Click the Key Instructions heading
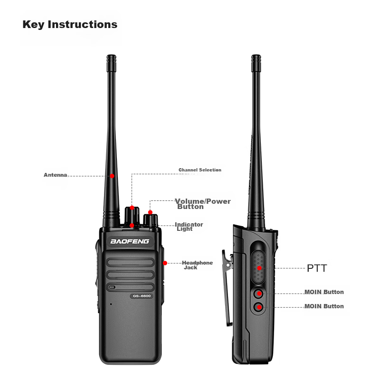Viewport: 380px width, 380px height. click(70, 25)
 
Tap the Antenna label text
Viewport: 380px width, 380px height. click(55, 175)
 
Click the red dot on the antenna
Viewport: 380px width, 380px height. click(112, 176)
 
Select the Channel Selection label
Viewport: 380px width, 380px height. click(200, 170)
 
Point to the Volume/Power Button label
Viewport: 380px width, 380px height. click(203, 204)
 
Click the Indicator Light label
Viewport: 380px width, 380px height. click(189, 227)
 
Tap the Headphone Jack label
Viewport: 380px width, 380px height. click(198, 265)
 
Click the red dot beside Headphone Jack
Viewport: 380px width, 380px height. click(165, 263)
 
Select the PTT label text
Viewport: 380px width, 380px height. click(317, 268)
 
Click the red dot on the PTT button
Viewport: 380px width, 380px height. click(259, 268)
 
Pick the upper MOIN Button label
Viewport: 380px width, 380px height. click(324, 292)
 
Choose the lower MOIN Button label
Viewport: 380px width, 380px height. click(324, 306)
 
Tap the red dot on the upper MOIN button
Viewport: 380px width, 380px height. click(259, 294)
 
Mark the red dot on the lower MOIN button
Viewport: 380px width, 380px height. click(259, 307)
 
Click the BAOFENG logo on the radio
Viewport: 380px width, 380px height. click(130, 241)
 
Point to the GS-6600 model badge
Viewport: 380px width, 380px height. click(142, 296)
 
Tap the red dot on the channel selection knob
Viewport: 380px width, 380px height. click(132, 208)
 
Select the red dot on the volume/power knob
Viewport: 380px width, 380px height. click(150, 212)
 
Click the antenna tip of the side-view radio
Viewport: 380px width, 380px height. click(256, 56)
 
